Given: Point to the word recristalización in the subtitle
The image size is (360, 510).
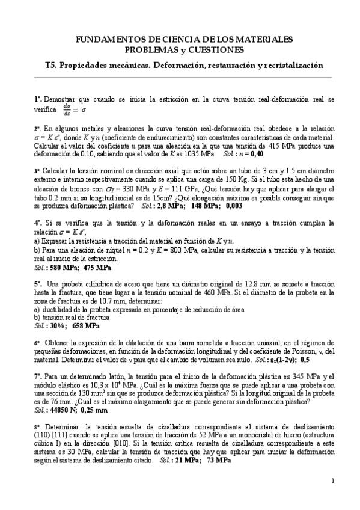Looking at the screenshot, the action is pos(289,65).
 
